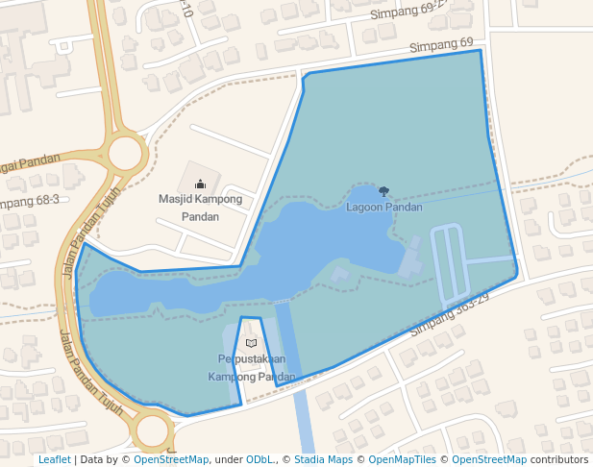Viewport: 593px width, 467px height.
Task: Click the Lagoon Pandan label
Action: click(x=384, y=208)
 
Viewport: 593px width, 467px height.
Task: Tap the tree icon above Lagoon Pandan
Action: click(x=384, y=192)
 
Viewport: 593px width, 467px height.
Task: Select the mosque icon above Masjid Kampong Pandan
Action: click(x=200, y=183)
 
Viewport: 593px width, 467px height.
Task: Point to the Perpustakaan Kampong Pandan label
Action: click(x=252, y=368)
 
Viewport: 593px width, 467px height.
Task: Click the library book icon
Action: click(x=252, y=343)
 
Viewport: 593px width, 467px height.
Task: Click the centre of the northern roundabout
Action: click(x=126, y=154)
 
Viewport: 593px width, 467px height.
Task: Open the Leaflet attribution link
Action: click(x=54, y=460)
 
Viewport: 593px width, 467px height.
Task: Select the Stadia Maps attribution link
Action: click(x=323, y=460)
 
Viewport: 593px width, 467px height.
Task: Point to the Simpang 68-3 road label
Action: click(x=30, y=201)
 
